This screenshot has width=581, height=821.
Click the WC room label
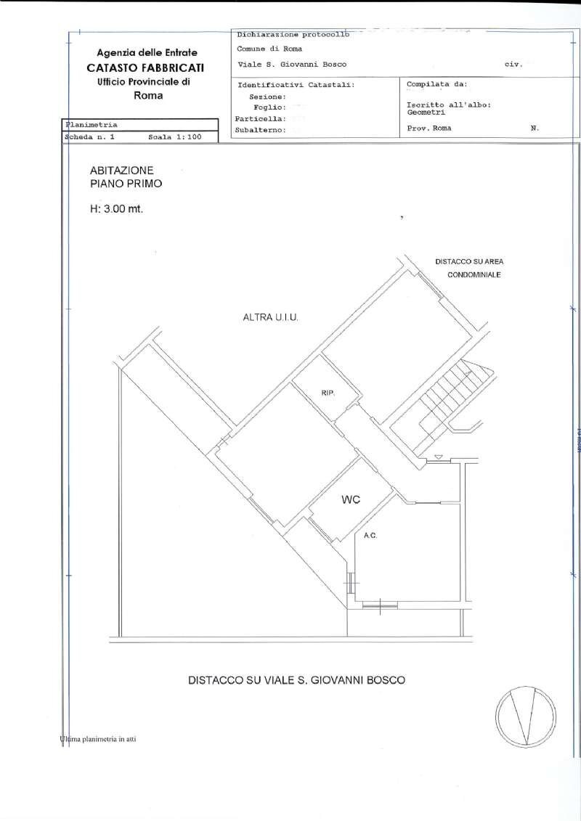pyautogui.click(x=351, y=500)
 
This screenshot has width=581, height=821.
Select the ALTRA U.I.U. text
pyautogui.click(x=272, y=318)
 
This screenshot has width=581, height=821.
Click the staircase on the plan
pyautogui.click(x=444, y=397)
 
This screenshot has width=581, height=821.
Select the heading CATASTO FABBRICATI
pyautogui.click(x=146, y=68)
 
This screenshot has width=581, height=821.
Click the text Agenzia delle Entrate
pyautogui.click(x=147, y=53)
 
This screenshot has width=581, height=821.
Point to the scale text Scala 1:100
pyautogui.click(x=174, y=136)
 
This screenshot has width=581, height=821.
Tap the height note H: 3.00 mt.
pyautogui.click(x=115, y=210)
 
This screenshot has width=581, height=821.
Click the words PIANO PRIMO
pyautogui.click(x=126, y=184)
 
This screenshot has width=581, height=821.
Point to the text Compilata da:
pyautogui.click(x=437, y=84)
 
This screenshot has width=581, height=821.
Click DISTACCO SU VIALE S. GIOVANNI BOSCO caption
pyautogui.click(x=296, y=681)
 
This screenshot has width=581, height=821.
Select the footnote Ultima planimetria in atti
pyautogui.click(x=99, y=740)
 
